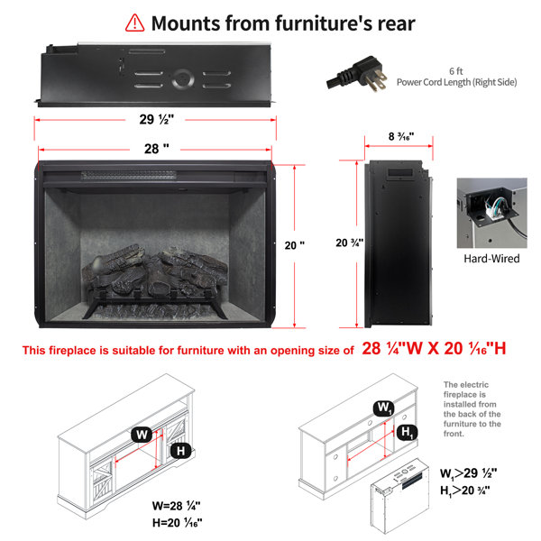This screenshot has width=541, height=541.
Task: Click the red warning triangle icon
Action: (x=134, y=23)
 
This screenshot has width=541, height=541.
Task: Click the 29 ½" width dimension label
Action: (x=156, y=119)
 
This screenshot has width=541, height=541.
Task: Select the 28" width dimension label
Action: (x=156, y=149)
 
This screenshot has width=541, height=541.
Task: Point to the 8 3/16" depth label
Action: (x=401, y=137)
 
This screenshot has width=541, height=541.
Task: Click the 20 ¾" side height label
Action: (x=349, y=243)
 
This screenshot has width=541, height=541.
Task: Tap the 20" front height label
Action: (x=294, y=245)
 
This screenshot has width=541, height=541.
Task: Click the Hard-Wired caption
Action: (x=491, y=259)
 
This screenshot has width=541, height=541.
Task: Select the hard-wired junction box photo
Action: (x=492, y=213)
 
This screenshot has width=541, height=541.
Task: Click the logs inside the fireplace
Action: (x=155, y=272)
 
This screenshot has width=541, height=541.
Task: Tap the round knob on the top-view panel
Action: (x=183, y=79)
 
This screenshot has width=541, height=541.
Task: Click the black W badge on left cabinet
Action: (x=142, y=435)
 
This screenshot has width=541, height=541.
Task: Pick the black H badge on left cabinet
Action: (x=181, y=451)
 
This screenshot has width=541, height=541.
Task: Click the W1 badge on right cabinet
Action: (x=384, y=408)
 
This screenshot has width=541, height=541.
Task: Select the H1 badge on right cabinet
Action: (x=407, y=432)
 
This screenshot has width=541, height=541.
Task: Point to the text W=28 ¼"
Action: (x=176, y=506)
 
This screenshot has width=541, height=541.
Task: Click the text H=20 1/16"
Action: (x=177, y=523)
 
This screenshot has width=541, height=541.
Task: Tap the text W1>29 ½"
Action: (x=469, y=473)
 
